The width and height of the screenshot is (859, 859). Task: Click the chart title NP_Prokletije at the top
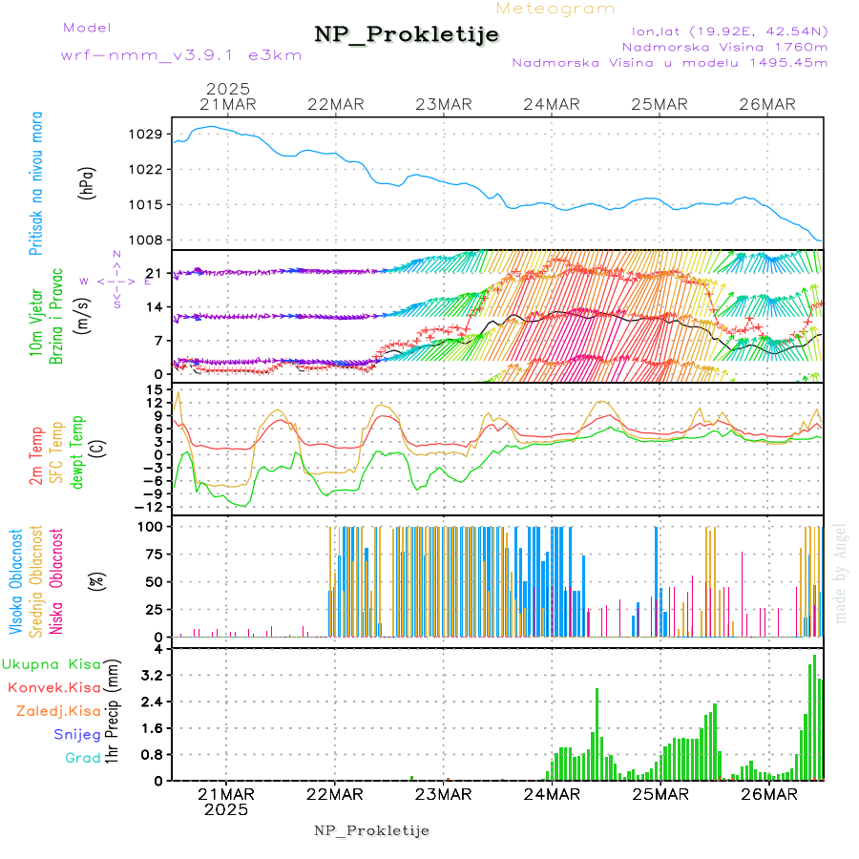[x=407, y=35]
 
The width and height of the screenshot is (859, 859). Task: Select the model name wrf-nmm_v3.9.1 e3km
[x=181, y=55]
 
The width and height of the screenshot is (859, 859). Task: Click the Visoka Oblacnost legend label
[x=16, y=582]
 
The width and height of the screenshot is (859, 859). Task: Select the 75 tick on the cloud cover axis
[x=153, y=554]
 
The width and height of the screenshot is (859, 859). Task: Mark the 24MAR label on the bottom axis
[x=552, y=794]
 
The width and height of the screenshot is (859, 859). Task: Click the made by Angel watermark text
[x=841, y=573]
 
